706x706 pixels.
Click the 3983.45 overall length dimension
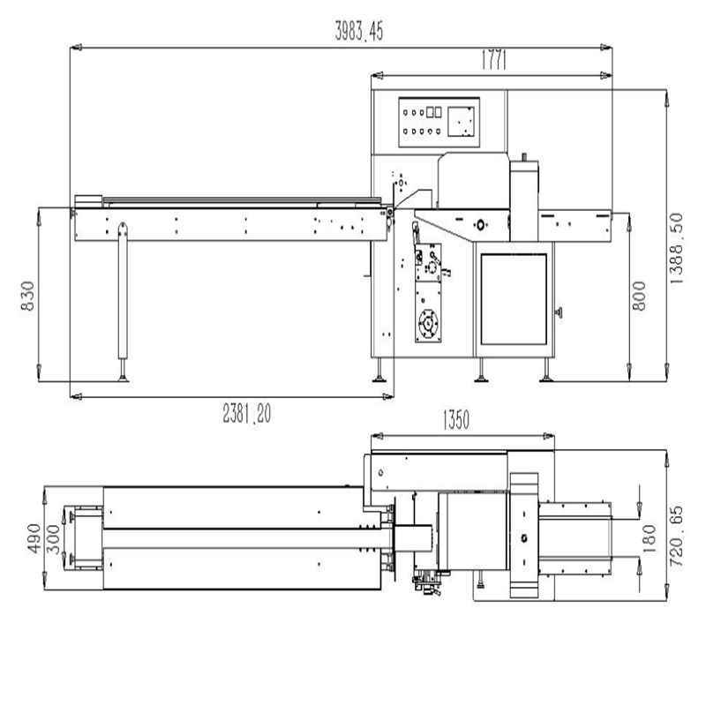[x=359, y=32]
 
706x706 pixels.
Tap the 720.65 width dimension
[x=678, y=536]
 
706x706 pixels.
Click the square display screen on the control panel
[x=462, y=122]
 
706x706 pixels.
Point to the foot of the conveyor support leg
[x=122, y=378]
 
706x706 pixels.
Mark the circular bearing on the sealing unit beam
[x=480, y=222]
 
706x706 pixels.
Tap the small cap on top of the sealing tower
[x=526, y=158]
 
